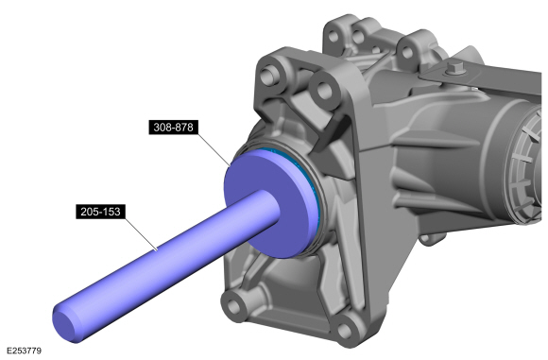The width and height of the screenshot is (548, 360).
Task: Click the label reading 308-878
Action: (x=172, y=127)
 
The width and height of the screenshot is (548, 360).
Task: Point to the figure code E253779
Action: (x=26, y=351)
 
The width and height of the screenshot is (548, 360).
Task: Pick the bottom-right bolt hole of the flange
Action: (x=348, y=328)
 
